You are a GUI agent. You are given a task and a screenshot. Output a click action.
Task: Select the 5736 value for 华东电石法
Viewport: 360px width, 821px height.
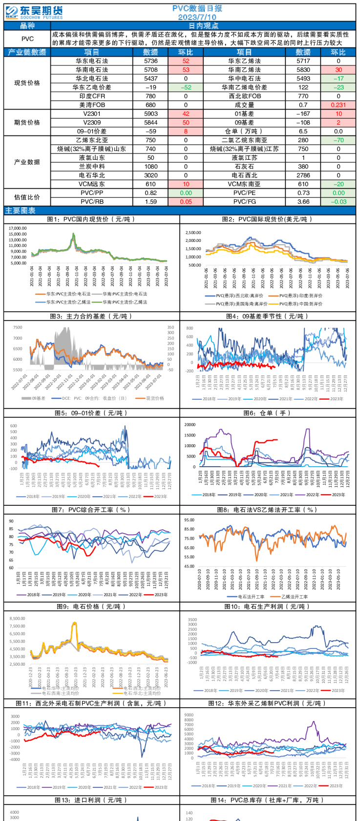(151, 61)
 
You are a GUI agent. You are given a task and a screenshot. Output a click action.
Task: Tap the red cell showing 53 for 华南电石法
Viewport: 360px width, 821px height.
(186, 70)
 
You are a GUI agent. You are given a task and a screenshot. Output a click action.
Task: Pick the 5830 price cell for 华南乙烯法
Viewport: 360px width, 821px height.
(303, 70)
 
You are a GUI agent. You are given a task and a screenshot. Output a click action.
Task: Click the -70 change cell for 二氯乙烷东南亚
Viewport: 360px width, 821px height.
(339, 140)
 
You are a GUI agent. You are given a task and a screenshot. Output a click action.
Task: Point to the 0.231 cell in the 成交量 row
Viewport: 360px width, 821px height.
(339, 105)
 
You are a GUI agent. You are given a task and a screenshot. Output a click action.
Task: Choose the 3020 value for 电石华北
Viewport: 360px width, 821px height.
(151, 175)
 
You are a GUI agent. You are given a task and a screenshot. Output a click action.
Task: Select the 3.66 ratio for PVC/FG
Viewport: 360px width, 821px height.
(303, 202)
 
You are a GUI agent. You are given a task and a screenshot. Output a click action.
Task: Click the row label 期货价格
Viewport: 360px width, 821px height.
(27, 123)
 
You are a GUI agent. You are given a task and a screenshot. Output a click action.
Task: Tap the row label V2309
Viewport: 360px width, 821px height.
(92, 123)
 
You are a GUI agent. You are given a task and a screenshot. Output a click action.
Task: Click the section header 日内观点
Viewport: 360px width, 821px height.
(203, 26)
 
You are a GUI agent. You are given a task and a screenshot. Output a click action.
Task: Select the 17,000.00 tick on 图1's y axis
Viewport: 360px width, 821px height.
(18, 228)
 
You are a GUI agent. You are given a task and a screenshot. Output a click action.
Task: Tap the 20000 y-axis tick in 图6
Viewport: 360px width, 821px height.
(190, 425)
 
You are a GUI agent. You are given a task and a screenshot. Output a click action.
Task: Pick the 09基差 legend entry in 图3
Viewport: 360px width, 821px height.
(36, 398)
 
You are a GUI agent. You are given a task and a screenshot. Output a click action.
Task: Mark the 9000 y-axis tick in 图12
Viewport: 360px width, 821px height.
(189, 715)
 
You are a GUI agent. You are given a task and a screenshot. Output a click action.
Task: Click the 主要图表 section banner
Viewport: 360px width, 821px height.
(21, 211)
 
